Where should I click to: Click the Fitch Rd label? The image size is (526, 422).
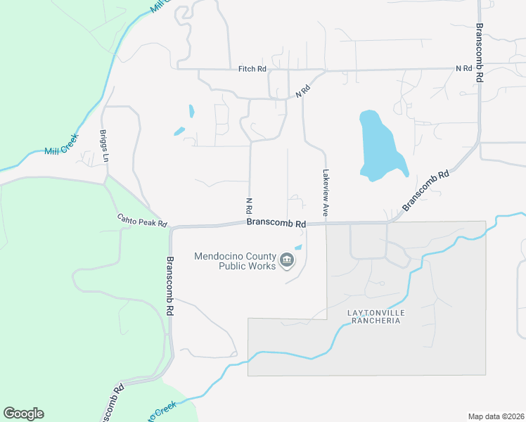tap(252, 69)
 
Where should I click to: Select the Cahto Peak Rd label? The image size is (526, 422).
tap(141, 222)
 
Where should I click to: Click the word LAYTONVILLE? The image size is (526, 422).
tap(373, 312)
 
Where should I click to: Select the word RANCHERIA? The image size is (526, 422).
tap(373, 321)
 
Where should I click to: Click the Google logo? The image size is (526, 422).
tap(23, 414)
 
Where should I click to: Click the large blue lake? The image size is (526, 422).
tap(380, 144)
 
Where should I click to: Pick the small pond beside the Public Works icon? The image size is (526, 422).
tap(298, 248)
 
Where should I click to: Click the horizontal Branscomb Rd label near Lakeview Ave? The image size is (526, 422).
tap(276, 224)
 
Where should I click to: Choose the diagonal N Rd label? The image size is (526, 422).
tap(302, 91)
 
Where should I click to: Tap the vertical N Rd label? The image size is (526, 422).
tap(249, 206)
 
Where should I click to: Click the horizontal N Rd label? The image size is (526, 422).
tap(463, 68)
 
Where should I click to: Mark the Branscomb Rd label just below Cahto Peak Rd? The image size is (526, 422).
tap(169, 279)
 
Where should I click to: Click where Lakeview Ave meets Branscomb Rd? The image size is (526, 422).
tap(326, 224)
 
